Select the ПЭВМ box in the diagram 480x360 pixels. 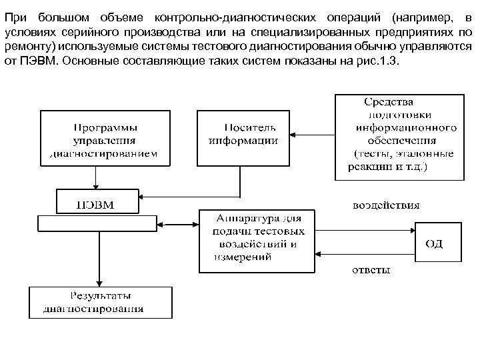point(98,202)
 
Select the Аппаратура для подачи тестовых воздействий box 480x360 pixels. point(257,241)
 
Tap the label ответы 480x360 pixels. point(371,270)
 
